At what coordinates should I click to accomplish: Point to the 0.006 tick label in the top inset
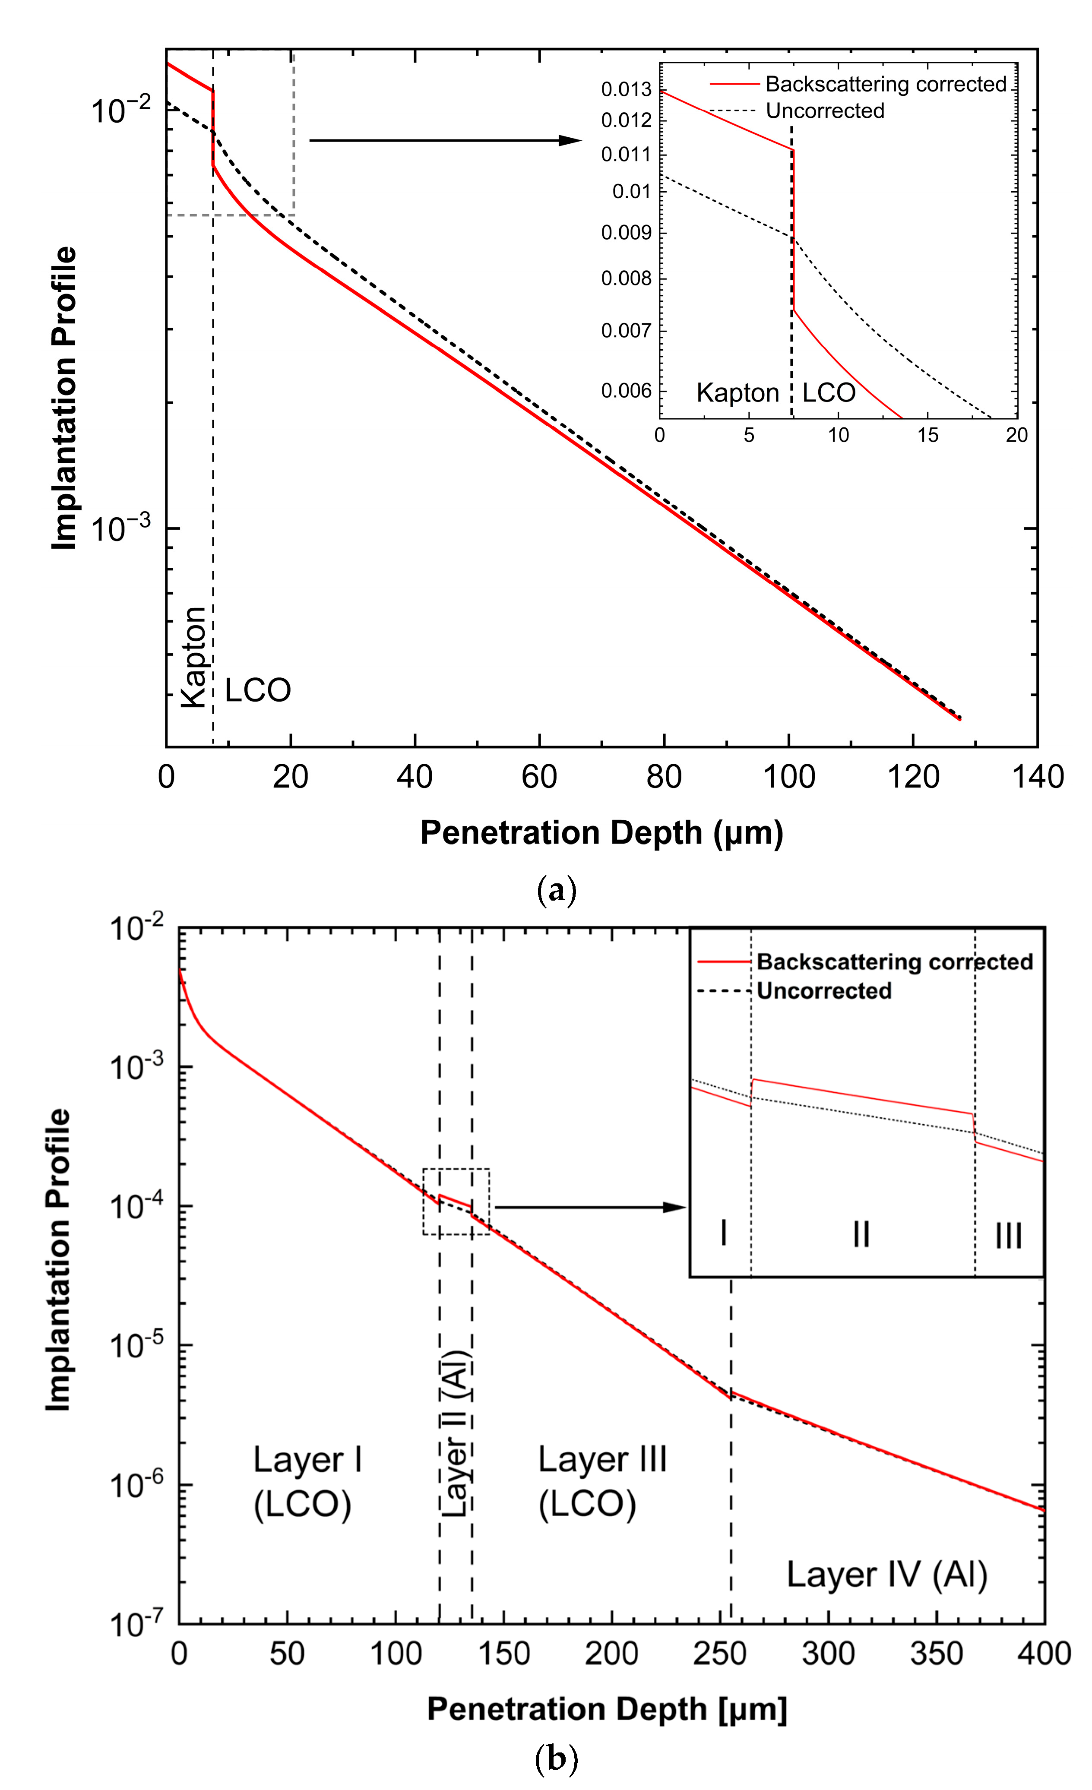pyautogui.click(x=626, y=391)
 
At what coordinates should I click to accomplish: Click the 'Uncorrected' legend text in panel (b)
pyautogui.click(x=824, y=991)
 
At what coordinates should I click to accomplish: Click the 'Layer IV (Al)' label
pyautogui.click(x=887, y=1575)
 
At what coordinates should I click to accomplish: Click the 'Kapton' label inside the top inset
pyautogui.click(x=737, y=393)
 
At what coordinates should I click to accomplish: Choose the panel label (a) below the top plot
pyautogui.click(x=556, y=890)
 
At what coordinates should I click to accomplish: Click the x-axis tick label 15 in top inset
pyautogui.click(x=928, y=435)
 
